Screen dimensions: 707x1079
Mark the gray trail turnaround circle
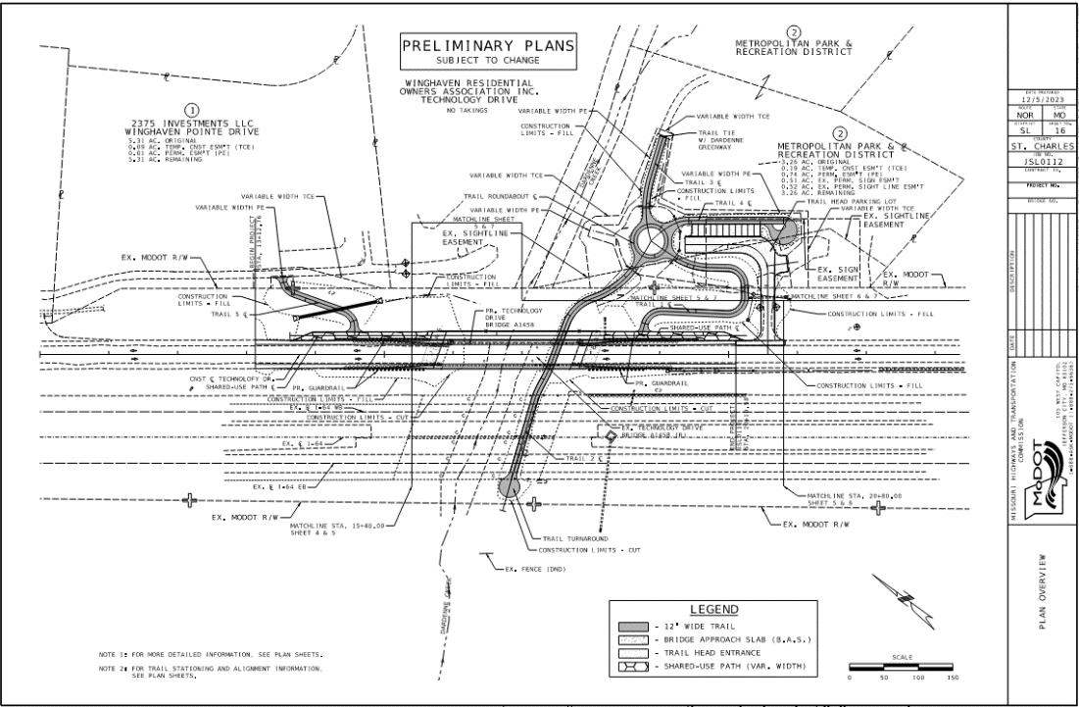(x=510, y=485)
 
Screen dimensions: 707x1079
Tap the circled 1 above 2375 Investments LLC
(x=192, y=109)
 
